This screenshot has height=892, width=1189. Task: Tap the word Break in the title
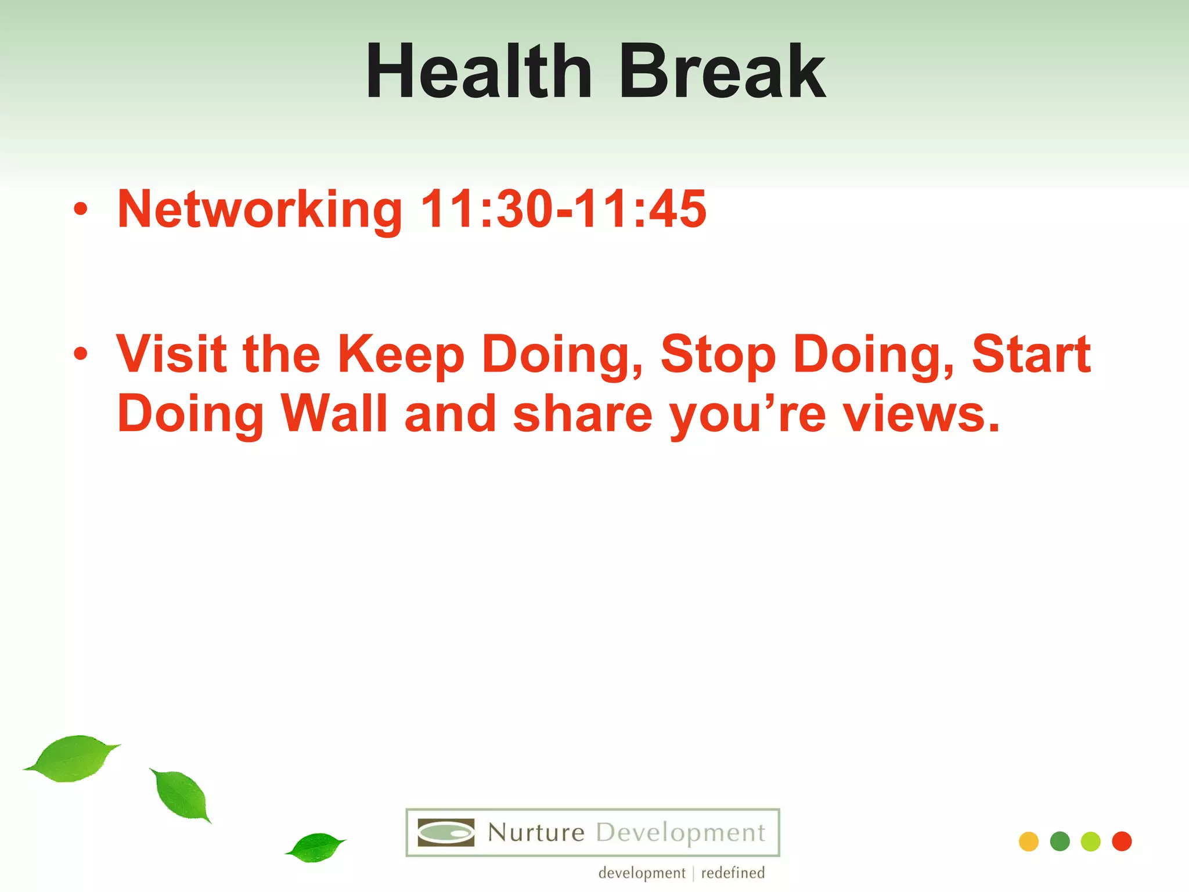tap(722, 73)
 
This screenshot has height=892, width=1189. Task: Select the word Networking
tap(260, 210)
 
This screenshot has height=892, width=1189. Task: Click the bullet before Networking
tap(81, 210)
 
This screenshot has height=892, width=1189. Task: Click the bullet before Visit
tap(81, 354)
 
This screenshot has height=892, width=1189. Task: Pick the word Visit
tap(171, 354)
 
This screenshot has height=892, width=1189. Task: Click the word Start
tap(1031, 354)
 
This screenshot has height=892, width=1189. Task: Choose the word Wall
tap(334, 413)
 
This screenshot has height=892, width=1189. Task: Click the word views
tap(921, 415)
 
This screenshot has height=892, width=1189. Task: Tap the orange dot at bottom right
tap(1029, 841)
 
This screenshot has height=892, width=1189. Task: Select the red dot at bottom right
tap(1122, 841)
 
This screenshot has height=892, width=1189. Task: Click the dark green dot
tap(1060, 841)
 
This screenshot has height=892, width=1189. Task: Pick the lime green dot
tap(1091, 841)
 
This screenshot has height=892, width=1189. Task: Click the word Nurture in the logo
tap(536, 833)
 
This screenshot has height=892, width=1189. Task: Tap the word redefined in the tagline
tap(733, 873)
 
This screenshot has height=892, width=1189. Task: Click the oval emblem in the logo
tap(446, 833)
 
